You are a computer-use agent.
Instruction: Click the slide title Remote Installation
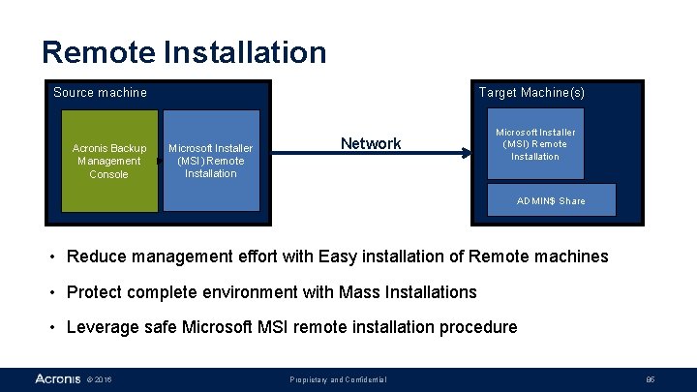pyautogui.click(x=184, y=51)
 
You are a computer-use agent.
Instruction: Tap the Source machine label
pyautogui.click(x=100, y=93)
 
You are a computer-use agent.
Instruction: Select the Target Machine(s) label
pyautogui.click(x=531, y=93)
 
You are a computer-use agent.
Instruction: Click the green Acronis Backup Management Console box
pyautogui.click(x=108, y=161)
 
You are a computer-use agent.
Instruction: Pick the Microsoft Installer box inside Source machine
pyautogui.click(x=211, y=161)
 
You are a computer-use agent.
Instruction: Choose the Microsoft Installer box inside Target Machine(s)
pyautogui.click(x=535, y=143)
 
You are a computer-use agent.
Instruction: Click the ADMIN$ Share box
pyautogui.click(x=551, y=200)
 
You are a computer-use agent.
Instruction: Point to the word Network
pyautogui.click(x=371, y=144)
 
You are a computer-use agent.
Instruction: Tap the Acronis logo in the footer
pyautogui.click(x=57, y=378)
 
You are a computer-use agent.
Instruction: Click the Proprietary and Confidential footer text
pyautogui.click(x=339, y=379)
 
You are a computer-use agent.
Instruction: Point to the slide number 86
pyautogui.click(x=651, y=379)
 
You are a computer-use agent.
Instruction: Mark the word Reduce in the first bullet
pyautogui.click(x=93, y=256)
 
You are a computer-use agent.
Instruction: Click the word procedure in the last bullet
pyautogui.click(x=478, y=327)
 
